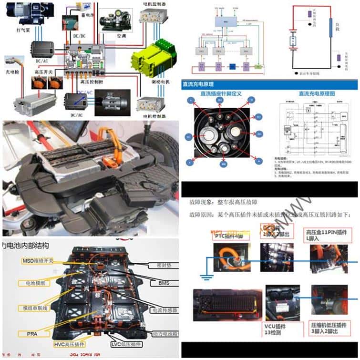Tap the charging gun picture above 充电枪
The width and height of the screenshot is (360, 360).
click(12, 63)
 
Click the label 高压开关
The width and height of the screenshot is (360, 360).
click(41, 71)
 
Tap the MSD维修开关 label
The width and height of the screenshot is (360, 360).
click(38, 261)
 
